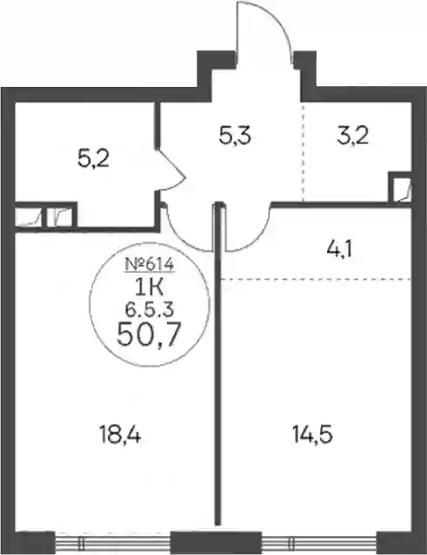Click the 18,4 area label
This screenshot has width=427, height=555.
click(121, 435)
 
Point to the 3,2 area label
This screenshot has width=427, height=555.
click(353, 135)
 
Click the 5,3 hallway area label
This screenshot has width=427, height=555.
click(235, 135)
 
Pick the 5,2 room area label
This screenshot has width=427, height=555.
click(93, 159)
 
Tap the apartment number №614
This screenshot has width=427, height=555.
click(150, 264)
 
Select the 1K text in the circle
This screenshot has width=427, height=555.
click(150, 287)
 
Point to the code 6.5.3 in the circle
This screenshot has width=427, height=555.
click(150, 310)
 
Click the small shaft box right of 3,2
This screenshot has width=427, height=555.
click(401, 188)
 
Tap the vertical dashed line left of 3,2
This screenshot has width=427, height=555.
click(303, 152)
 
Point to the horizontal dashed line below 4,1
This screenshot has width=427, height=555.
click(317, 280)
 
